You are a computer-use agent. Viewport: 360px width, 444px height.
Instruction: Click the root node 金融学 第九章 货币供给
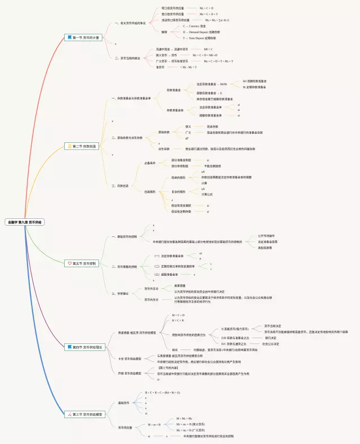[x=25, y=222]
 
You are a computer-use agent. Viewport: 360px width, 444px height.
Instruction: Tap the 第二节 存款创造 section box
[x=84, y=146]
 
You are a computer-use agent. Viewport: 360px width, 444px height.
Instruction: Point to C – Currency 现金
[x=194, y=26]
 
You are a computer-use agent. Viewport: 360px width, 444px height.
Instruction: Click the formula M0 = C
[x=208, y=49]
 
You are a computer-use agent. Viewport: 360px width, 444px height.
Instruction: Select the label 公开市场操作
[x=266, y=236]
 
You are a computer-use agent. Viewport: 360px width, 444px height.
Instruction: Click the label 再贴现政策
[x=265, y=248]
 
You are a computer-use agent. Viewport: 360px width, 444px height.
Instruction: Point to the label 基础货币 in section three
[x=123, y=403]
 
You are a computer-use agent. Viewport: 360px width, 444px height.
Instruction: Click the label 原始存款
[x=164, y=131]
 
